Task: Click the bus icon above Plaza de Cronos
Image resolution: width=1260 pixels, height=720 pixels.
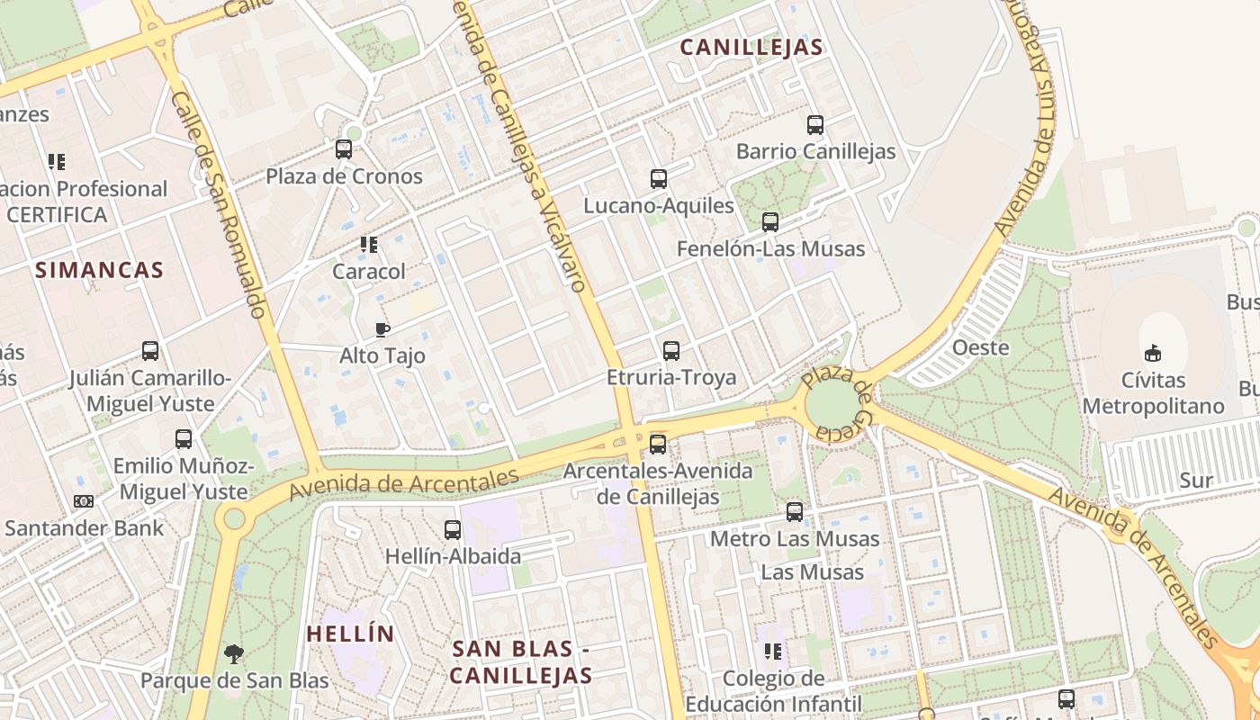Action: tap(344, 149)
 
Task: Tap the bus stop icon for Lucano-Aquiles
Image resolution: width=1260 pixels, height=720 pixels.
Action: tap(659, 179)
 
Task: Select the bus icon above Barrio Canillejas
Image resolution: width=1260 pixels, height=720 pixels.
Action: tap(815, 125)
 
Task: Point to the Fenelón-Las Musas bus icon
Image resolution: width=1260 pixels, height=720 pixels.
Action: tap(770, 222)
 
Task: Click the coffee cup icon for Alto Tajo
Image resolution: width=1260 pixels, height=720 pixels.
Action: tap(382, 329)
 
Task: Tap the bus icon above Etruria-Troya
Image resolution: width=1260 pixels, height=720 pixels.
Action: tap(671, 351)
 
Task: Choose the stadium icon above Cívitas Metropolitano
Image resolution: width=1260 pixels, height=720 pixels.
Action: tap(1153, 353)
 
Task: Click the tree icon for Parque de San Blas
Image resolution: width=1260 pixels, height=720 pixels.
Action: tap(234, 653)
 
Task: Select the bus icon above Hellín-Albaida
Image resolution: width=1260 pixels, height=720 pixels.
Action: tap(453, 530)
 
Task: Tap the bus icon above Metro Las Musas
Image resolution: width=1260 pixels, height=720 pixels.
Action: tap(795, 512)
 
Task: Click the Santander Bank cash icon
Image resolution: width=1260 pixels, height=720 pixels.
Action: tap(84, 501)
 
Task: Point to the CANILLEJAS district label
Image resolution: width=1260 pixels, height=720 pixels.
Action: tap(751, 48)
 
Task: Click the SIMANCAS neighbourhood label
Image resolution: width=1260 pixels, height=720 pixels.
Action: tap(100, 270)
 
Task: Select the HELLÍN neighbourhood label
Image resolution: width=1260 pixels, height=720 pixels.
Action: tap(351, 634)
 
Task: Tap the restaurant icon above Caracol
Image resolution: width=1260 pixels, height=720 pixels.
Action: tap(369, 245)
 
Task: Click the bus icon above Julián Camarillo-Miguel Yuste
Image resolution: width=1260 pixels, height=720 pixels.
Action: tap(150, 351)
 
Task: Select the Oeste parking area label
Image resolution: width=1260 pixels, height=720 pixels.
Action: tap(981, 347)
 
